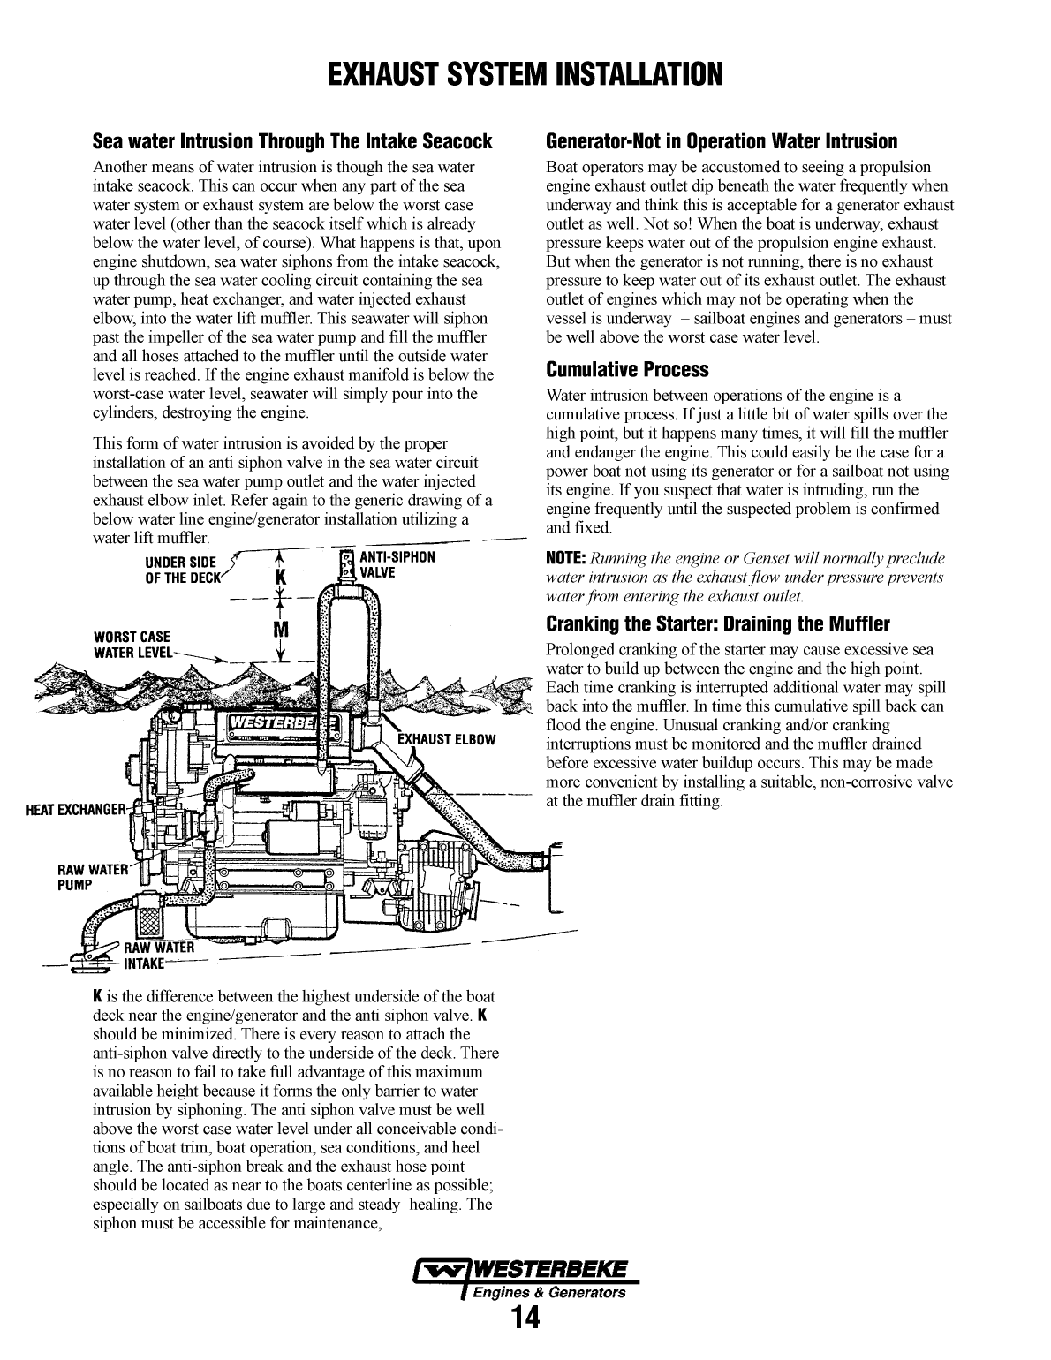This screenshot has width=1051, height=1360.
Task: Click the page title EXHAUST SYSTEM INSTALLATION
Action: (x=525, y=74)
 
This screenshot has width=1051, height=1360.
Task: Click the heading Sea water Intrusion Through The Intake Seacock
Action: (x=292, y=141)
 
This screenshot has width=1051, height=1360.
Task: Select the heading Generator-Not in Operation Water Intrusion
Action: (x=722, y=141)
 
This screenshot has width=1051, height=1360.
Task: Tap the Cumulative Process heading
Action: (x=627, y=369)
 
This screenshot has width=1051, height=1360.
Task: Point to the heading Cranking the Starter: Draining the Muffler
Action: (x=718, y=624)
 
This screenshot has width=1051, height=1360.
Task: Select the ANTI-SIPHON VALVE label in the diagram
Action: (x=397, y=564)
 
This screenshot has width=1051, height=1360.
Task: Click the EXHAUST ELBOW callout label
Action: (x=446, y=739)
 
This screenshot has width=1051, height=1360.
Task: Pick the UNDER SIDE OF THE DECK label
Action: (x=180, y=570)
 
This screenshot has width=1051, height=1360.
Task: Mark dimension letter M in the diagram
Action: (x=282, y=630)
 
